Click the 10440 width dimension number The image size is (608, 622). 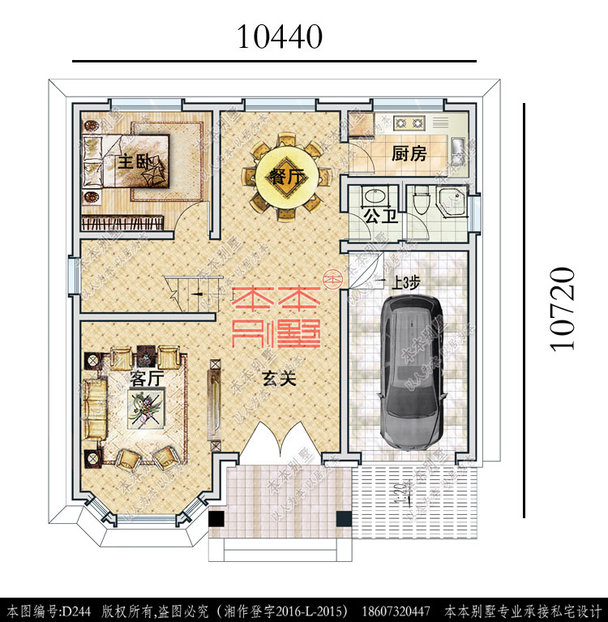280,36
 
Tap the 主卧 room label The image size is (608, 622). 135,161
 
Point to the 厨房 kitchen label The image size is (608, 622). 409,153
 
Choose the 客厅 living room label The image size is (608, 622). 147,378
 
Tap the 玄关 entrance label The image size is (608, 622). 278,378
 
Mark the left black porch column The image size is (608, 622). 217,519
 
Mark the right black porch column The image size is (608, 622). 343,519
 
